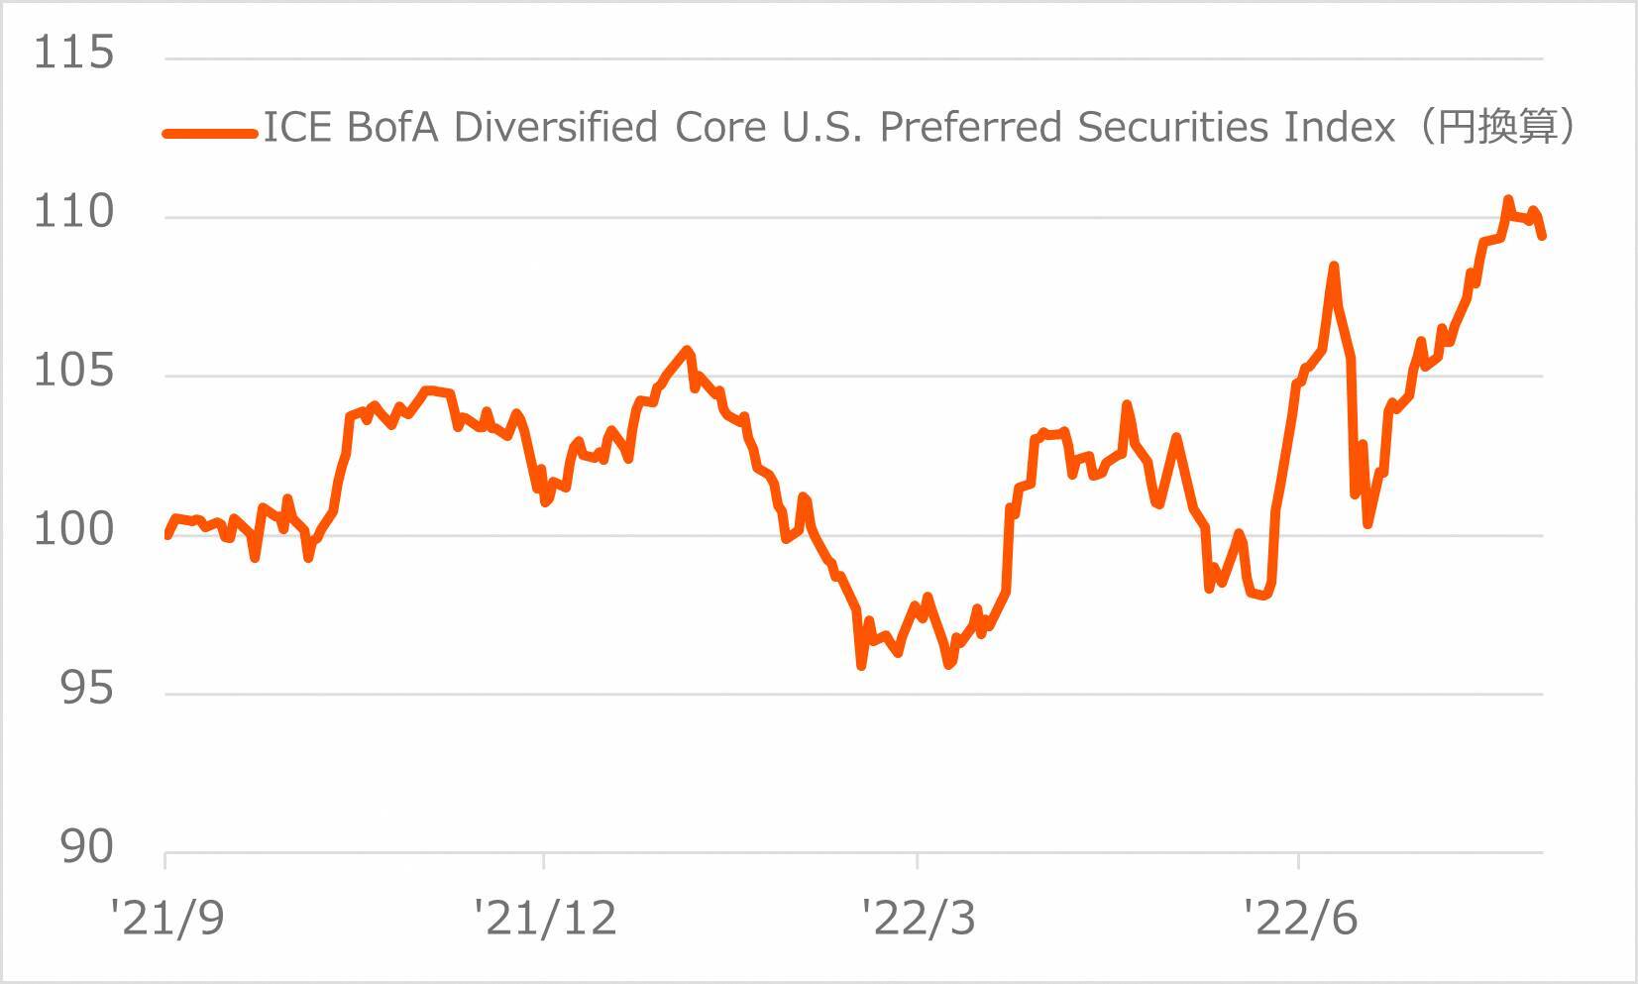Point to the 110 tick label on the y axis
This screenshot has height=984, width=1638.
(73, 211)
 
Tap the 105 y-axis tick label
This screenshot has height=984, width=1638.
(73, 371)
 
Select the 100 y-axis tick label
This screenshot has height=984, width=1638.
(73, 529)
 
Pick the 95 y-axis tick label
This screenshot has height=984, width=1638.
(86, 689)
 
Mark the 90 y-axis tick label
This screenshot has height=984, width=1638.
(86, 847)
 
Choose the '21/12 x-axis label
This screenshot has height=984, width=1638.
(544, 919)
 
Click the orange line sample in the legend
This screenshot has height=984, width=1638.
(209, 133)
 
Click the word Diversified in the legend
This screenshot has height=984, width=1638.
(555, 128)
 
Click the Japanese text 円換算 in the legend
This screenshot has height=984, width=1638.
(1497, 128)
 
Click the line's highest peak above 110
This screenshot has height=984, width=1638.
(1508, 199)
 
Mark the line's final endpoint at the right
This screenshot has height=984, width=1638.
(1543, 236)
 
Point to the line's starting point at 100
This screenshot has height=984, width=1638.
(167, 535)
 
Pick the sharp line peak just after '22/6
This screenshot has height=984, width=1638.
(1334, 266)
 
